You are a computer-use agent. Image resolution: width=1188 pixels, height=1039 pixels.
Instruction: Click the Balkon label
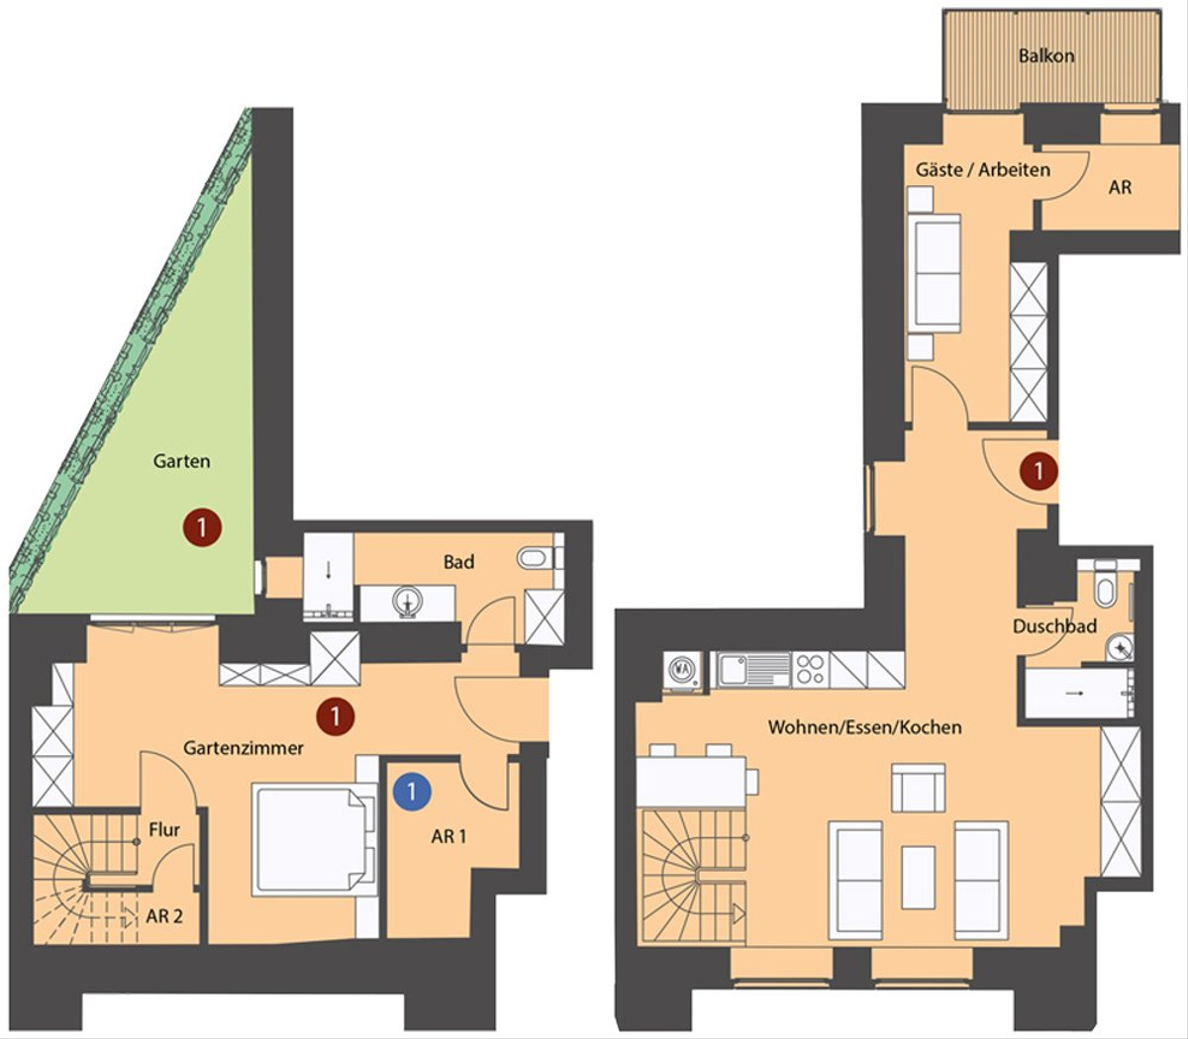point(1046,56)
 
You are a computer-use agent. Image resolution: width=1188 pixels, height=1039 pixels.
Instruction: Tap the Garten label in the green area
point(182,461)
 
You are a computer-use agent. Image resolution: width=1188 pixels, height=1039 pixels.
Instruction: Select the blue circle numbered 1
point(412,791)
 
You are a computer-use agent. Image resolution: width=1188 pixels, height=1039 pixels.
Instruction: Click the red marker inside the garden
point(202,527)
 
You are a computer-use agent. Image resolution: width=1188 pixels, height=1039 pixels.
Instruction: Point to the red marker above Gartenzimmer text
point(335,716)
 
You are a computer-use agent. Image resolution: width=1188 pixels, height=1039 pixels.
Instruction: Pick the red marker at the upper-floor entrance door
point(1039,471)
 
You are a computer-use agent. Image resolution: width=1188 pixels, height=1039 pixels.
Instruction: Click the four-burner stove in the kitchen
point(811,668)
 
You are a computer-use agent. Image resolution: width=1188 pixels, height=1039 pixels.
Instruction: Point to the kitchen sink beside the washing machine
point(754,669)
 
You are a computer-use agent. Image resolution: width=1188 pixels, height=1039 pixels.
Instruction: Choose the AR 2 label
point(164,916)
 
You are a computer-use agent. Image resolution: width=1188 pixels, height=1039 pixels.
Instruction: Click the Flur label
point(164,830)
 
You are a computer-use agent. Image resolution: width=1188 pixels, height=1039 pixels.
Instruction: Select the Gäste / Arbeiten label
point(983,170)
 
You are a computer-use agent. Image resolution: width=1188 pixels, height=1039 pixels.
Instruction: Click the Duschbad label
point(1054,625)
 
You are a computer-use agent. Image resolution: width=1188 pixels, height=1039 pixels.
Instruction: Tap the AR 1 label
point(448,836)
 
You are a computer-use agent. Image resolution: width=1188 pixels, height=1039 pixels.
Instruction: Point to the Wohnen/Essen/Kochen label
point(864,726)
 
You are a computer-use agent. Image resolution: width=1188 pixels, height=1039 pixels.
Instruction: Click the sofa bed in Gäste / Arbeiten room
point(938,273)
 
